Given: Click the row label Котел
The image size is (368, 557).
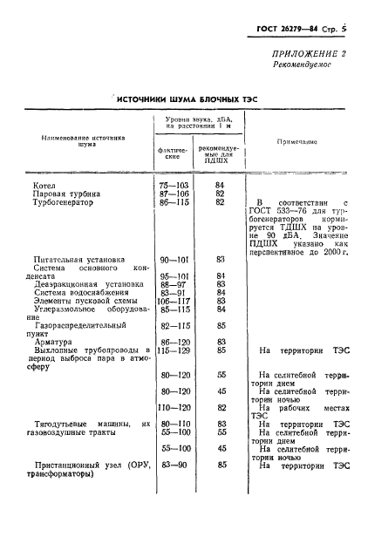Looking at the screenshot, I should (44, 185).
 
